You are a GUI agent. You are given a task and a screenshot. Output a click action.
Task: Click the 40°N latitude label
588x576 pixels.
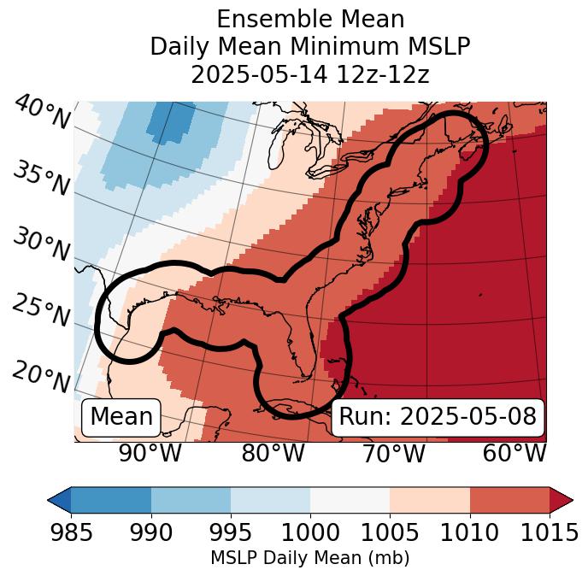pos(41,112)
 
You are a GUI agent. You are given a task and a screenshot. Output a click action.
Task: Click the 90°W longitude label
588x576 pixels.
pos(150,454)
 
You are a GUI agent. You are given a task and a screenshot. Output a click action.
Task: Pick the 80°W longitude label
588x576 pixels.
pos(273,454)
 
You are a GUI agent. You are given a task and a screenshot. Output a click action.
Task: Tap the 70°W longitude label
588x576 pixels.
pos(393,454)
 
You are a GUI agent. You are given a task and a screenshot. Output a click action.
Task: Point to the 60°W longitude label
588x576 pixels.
pos(514,454)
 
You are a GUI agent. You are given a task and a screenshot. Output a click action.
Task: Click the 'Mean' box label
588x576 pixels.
pos(121,417)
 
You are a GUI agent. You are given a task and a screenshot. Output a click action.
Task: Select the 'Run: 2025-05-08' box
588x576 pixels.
pos(438,417)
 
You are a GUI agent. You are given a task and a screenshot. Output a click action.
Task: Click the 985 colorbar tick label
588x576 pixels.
pos(71,532)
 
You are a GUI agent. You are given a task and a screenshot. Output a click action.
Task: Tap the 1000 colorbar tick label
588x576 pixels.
pos(310,532)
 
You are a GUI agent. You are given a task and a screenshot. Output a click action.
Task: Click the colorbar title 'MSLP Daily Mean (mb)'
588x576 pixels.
pos(309,558)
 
